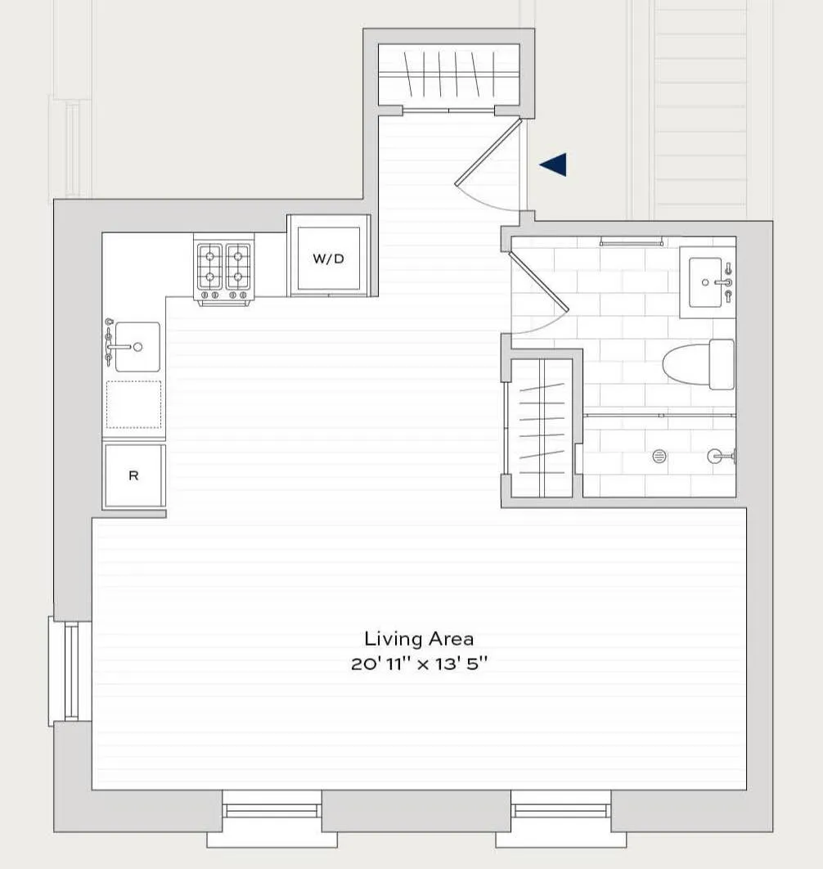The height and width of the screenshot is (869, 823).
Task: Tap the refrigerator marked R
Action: tap(133, 475)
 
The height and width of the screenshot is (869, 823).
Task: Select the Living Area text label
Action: tap(419, 638)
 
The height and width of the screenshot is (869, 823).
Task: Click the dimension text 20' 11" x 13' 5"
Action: tap(419, 664)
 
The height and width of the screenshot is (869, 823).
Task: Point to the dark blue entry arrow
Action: tap(554, 164)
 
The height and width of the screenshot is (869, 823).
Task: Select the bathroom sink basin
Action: tap(705, 282)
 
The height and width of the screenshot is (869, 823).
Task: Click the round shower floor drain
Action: tap(659, 457)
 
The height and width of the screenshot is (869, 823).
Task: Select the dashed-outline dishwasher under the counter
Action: tap(134, 404)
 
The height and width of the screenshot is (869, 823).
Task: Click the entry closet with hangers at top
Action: tap(448, 74)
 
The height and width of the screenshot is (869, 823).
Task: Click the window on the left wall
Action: tap(70, 671)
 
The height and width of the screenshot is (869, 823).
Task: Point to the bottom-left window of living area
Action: tap(272, 811)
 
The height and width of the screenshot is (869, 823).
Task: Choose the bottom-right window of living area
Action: tap(560, 811)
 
